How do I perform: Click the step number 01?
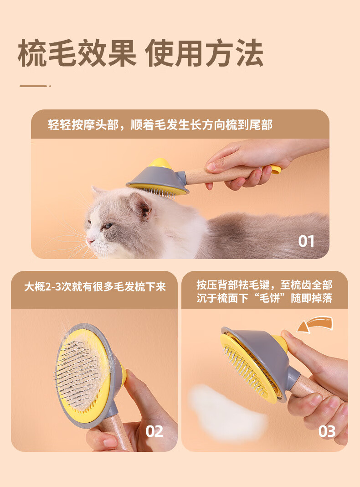click(306, 241)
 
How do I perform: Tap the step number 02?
click(154, 431)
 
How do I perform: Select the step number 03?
click(327, 431)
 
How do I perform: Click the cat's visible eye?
click(107, 226)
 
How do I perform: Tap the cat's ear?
click(141, 205)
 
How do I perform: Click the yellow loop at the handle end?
click(275, 169)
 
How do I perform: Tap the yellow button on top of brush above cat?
click(160, 163)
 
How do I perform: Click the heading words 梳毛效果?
click(77, 53)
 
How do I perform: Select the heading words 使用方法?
click(204, 53)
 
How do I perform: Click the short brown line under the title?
click(34, 86)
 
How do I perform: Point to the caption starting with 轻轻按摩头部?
click(160, 125)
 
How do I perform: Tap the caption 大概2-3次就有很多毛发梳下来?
click(95, 286)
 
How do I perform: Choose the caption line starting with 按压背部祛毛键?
click(264, 285)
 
